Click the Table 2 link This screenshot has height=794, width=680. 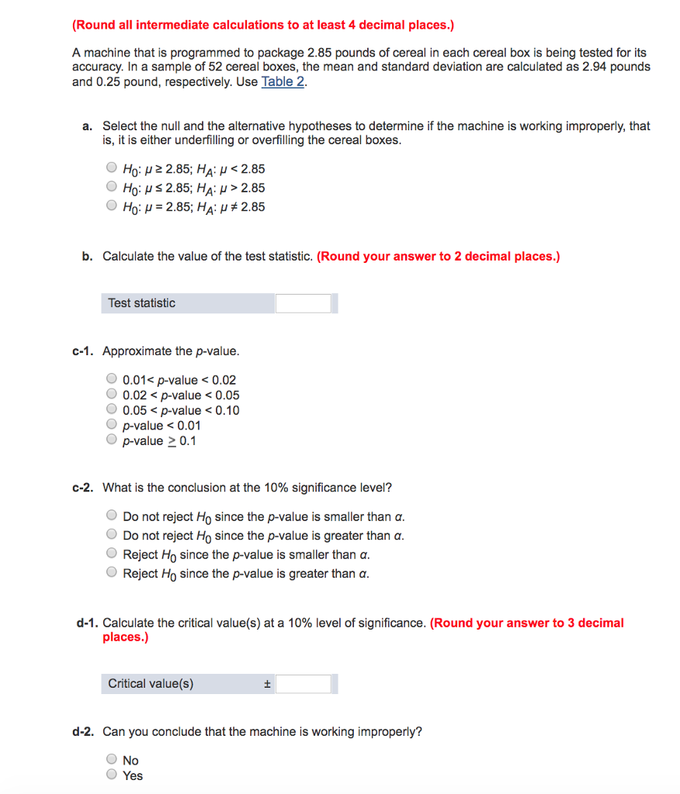(x=283, y=81)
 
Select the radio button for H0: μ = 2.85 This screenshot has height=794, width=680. (x=112, y=206)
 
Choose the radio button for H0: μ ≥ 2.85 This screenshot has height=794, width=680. (x=112, y=168)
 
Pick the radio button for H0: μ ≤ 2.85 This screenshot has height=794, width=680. (x=112, y=187)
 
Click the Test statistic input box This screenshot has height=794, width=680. (x=303, y=303)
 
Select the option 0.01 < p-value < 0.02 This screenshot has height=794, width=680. (x=112, y=379)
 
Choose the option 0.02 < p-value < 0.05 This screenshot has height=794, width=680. (x=112, y=395)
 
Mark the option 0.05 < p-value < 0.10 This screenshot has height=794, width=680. (x=112, y=410)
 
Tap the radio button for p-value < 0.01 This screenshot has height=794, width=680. (x=112, y=425)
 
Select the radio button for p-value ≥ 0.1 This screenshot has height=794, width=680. (x=112, y=440)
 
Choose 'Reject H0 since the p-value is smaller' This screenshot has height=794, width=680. (x=112, y=554)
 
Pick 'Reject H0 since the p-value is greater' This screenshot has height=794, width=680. (x=112, y=574)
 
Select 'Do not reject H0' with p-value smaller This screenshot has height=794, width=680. (x=112, y=516)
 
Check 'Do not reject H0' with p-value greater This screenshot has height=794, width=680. (x=112, y=535)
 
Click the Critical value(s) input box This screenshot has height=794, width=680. (x=303, y=684)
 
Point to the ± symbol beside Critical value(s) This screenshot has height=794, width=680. (x=266, y=684)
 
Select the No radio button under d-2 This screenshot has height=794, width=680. (x=112, y=760)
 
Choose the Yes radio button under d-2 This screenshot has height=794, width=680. (x=112, y=775)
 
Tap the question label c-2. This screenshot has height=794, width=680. (x=82, y=488)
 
